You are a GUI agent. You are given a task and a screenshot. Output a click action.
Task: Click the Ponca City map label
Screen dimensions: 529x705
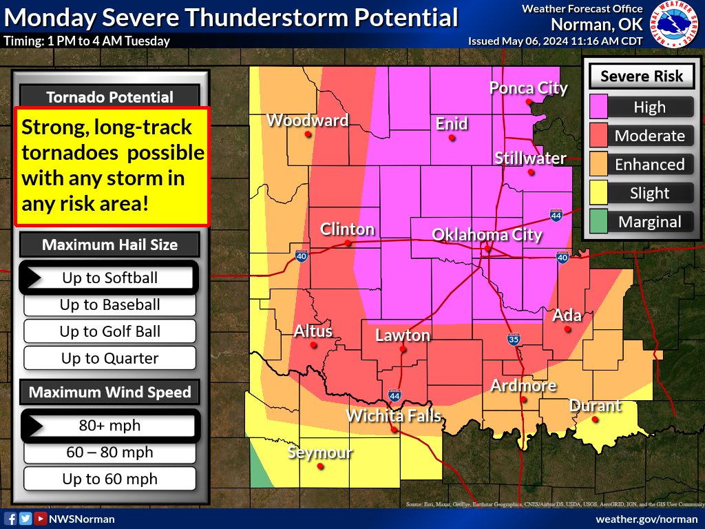tap(528, 88)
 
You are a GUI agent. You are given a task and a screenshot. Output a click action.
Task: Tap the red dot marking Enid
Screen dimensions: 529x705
tap(452, 138)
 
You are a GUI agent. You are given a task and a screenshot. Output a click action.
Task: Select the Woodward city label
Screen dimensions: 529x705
tap(307, 121)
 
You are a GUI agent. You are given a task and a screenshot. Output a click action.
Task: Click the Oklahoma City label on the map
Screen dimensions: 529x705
tap(487, 235)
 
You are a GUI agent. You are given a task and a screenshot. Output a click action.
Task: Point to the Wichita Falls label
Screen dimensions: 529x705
tap(393, 415)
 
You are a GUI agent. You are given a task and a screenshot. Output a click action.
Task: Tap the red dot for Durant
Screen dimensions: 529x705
tap(595, 419)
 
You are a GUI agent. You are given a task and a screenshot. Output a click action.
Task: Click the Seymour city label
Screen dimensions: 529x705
tap(319, 453)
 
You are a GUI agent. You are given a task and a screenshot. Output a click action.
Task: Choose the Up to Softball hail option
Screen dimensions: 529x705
tap(110, 278)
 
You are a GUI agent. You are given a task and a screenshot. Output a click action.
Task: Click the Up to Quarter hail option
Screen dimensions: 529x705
tap(110, 358)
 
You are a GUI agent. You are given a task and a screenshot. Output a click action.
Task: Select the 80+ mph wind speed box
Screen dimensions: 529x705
tap(110, 426)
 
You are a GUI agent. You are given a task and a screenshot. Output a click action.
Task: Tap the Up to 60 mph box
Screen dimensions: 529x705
tap(110, 479)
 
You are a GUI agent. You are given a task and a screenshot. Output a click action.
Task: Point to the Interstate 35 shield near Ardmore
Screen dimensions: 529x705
tap(514, 339)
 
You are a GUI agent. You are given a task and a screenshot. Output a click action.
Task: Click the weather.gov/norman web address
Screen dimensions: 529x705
tap(646, 519)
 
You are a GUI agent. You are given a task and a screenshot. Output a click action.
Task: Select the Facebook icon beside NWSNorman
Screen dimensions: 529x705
tap(11, 519)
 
